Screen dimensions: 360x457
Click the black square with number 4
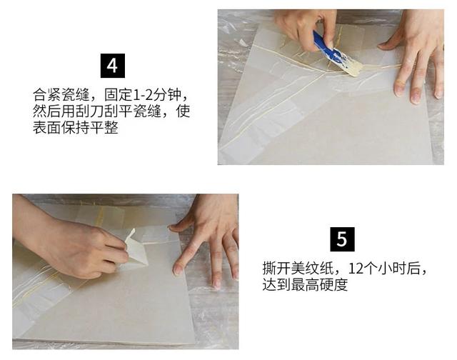click(x=112, y=66)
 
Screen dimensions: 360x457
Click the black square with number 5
click(x=341, y=239)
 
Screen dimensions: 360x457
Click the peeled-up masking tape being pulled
click(x=136, y=246)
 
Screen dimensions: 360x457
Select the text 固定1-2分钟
click(x=153, y=94)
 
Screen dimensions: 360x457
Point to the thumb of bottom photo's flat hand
click(x=181, y=223)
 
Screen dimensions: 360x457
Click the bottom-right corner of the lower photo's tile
click(x=191, y=341)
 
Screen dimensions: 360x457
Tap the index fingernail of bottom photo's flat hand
click(x=178, y=269)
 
